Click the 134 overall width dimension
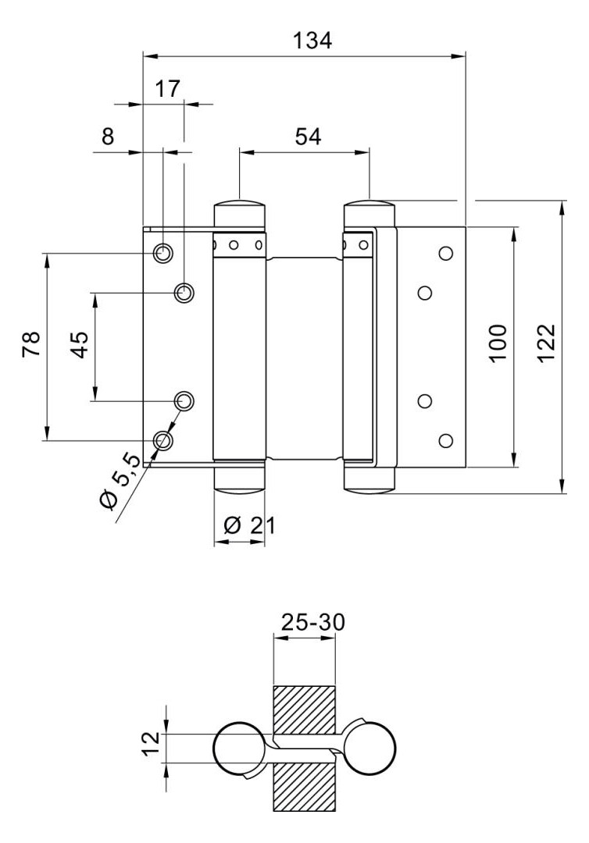click(312, 41)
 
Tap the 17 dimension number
click(168, 89)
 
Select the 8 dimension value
click(108, 137)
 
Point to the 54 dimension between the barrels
click(309, 137)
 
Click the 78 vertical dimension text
click(32, 344)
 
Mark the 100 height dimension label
click(498, 344)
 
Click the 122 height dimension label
click(546, 343)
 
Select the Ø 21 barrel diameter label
click(249, 525)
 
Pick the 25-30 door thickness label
click(313, 622)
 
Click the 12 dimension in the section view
click(153, 744)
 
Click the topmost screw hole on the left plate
click(162, 253)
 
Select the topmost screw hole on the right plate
click(445, 253)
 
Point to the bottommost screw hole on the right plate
click(445, 441)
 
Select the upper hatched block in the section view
click(305, 710)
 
